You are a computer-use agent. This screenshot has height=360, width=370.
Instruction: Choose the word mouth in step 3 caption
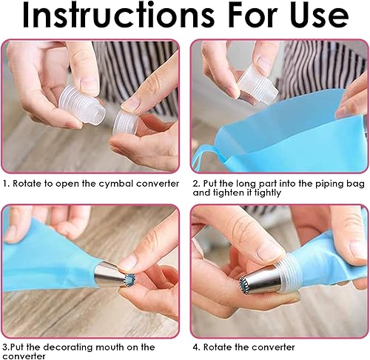click(110, 347)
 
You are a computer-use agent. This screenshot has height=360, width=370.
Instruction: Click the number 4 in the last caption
click(196, 347)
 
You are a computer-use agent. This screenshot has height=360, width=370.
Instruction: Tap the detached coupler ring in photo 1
click(124, 121)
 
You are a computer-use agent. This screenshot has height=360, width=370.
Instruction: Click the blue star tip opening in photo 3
click(130, 279)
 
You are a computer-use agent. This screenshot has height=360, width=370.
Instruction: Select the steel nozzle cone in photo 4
click(260, 279)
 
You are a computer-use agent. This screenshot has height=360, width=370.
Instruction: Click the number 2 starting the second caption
click(195, 184)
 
